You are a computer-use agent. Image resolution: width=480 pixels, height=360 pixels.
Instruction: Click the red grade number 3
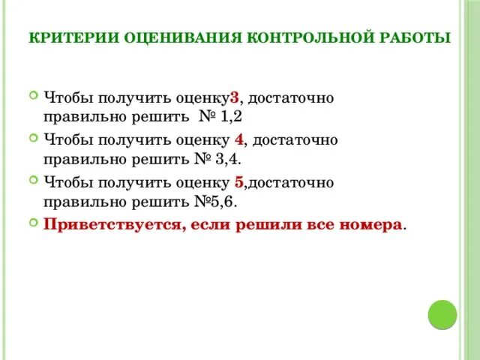(234, 97)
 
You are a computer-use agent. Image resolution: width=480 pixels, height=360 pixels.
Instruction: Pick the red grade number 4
(238, 139)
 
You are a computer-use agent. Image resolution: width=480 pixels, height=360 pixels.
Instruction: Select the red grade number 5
(238, 181)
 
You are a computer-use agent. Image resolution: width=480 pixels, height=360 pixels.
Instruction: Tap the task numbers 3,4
(228, 160)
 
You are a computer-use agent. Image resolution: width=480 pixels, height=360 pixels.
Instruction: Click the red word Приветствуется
(109, 224)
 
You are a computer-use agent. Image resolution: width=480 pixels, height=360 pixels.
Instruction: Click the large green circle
(442, 314)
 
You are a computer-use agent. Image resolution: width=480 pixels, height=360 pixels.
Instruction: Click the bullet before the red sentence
(33, 223)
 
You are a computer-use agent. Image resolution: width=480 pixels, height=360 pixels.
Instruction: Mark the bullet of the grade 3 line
(33, 96)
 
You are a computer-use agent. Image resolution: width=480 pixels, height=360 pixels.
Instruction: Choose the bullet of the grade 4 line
(33, 138)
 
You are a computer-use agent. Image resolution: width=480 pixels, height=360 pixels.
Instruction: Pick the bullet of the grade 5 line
(33, 180)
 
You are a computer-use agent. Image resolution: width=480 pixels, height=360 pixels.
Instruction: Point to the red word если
(199, 224)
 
